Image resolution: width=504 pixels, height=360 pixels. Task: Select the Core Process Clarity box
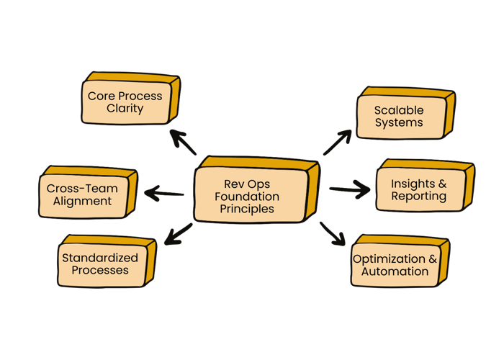(x=125, y=102)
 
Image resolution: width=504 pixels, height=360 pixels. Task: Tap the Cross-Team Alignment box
(x=83, y=194)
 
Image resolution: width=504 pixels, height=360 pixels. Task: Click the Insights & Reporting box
(x=418, y=190)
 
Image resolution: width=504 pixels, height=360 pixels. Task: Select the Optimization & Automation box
(x=395, y=264)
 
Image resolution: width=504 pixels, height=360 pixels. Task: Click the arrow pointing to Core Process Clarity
(x=183, y=142)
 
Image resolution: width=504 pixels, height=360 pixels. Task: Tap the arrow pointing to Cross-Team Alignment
(x=164, y=193)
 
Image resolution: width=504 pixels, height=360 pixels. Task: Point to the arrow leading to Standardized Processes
(x=179, y=235)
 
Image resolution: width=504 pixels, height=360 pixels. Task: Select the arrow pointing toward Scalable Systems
(x=337, y=143)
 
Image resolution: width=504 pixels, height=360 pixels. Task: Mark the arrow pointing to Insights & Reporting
(x=350, y=190)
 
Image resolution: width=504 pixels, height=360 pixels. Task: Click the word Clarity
(x=125, y=109)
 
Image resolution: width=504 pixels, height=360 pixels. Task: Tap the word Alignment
(x=83, y=202)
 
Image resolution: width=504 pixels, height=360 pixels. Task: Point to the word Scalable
(x=399, y=110)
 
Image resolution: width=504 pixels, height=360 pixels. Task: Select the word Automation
(x=395, y=271)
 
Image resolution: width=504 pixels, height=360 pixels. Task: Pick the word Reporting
(x=418, y=197)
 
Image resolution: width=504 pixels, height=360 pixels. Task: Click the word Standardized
(x=100, y=257)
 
